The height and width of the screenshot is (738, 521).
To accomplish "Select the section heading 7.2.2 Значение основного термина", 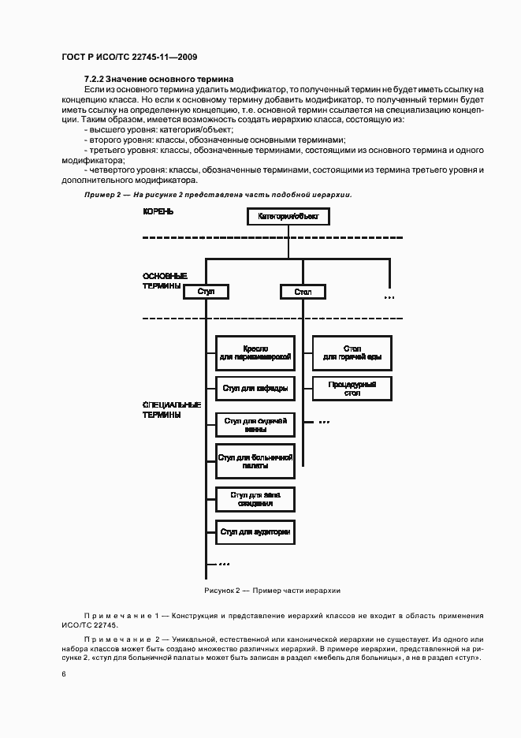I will [158, 80].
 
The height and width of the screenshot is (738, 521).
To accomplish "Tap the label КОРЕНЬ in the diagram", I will [158, 212].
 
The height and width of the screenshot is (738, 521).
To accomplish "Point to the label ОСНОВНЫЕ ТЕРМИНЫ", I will [165, 281].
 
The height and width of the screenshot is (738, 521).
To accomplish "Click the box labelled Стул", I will [207, 292].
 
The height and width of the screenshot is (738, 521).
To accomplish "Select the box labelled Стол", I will [303, 292].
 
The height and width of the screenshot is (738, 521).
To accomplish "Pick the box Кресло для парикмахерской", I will [256, 352].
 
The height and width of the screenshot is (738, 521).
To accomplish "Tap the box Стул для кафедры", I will [255, 387].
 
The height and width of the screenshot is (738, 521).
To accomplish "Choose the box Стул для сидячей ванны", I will [255, 426].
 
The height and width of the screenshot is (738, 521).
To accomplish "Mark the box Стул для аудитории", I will [255, 533].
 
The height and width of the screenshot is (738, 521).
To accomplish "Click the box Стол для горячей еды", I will [352, 352].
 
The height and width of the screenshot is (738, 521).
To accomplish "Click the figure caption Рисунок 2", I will [272, 590].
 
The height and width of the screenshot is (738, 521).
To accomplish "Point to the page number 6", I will [64, 673].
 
